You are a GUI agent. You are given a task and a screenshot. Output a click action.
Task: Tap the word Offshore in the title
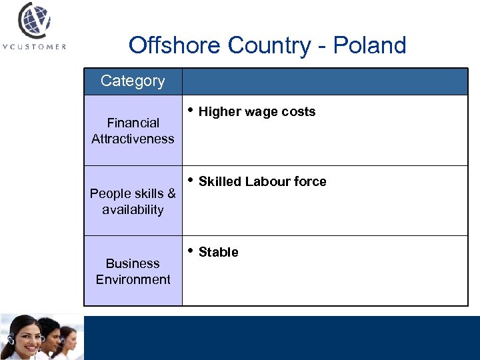pyautogui.click(x=174, y=45)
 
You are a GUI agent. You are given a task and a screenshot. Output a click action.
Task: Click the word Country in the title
pyautogui.click(x=269, y=45)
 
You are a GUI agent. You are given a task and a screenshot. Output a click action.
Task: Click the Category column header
pyautogui.click(x=133, y=81)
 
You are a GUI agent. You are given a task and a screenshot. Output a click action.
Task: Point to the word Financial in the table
pyautogui.click(x=133, y=123)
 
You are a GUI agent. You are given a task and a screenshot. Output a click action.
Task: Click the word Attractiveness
pyautogui.click(x=133, y=139)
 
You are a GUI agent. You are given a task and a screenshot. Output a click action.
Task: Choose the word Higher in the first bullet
pyautogui.click(x=219, y=112)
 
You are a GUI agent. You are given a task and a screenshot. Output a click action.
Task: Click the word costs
pyautogui.click(x=299, y=112)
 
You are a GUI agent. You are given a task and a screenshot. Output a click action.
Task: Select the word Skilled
pyautogui.click(x=220, y=182)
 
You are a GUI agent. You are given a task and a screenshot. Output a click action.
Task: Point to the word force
pyautogui.click(x=311, y=182)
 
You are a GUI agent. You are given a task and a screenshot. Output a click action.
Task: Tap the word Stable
pyautogui.click(x=219, y=252)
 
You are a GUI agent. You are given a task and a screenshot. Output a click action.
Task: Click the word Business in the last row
pyautogui.click(x=133, y=263)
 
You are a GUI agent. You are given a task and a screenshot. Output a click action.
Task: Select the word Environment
pyautogui.click(x=133, y=279)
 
